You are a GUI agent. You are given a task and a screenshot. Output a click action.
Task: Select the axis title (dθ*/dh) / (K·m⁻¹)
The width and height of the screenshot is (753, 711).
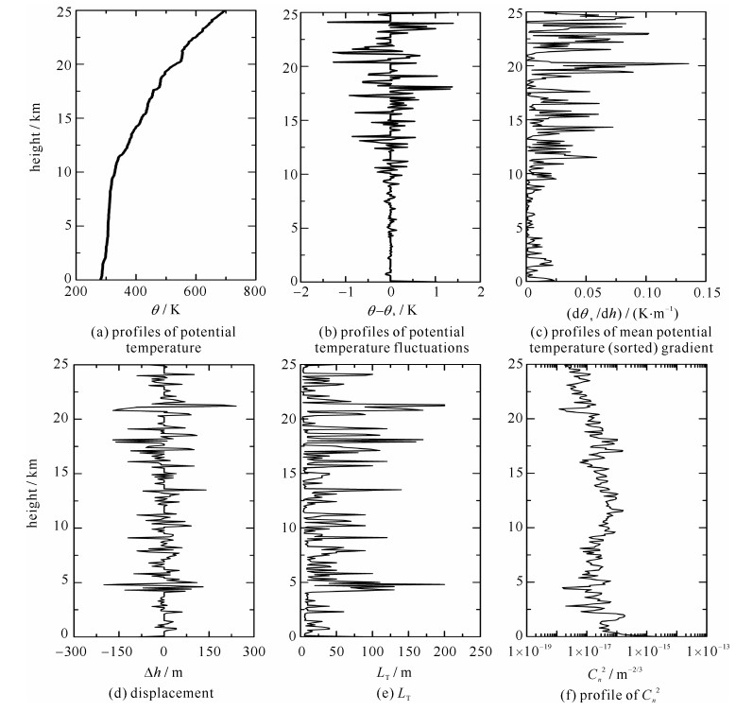point(618,310)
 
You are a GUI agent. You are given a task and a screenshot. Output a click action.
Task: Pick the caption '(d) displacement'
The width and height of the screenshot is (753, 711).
point(164,691)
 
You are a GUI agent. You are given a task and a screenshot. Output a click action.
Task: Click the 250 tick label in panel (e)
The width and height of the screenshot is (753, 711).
point(480,652)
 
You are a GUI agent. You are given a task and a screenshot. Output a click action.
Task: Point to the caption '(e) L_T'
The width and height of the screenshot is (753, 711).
point(390,691)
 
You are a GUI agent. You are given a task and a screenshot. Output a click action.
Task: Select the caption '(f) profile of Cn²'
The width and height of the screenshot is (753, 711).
point(618,691)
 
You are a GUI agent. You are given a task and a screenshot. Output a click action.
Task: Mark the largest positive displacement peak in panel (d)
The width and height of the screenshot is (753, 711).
point(235,407)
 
